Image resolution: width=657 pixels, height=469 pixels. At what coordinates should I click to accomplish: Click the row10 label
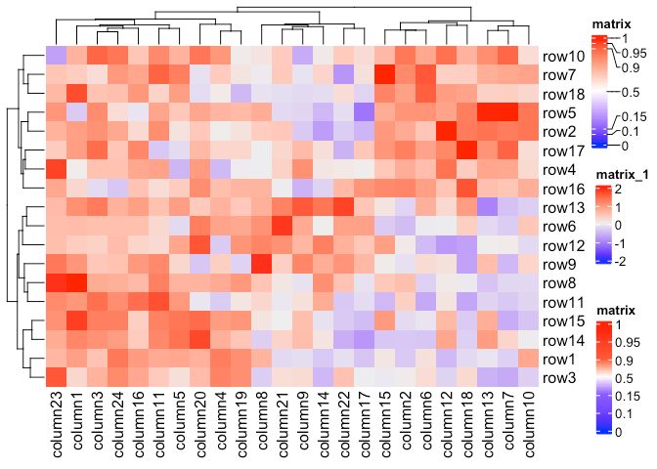(x=565, y=57)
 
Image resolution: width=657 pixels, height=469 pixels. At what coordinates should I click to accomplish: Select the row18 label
(x=565, y=95)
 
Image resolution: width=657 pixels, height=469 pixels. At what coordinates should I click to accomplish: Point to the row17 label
(x=565, y=151)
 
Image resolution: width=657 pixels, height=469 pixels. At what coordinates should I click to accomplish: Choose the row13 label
(x=565, y=208)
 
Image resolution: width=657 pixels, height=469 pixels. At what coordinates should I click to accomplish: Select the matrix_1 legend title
(x=604, y=175)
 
